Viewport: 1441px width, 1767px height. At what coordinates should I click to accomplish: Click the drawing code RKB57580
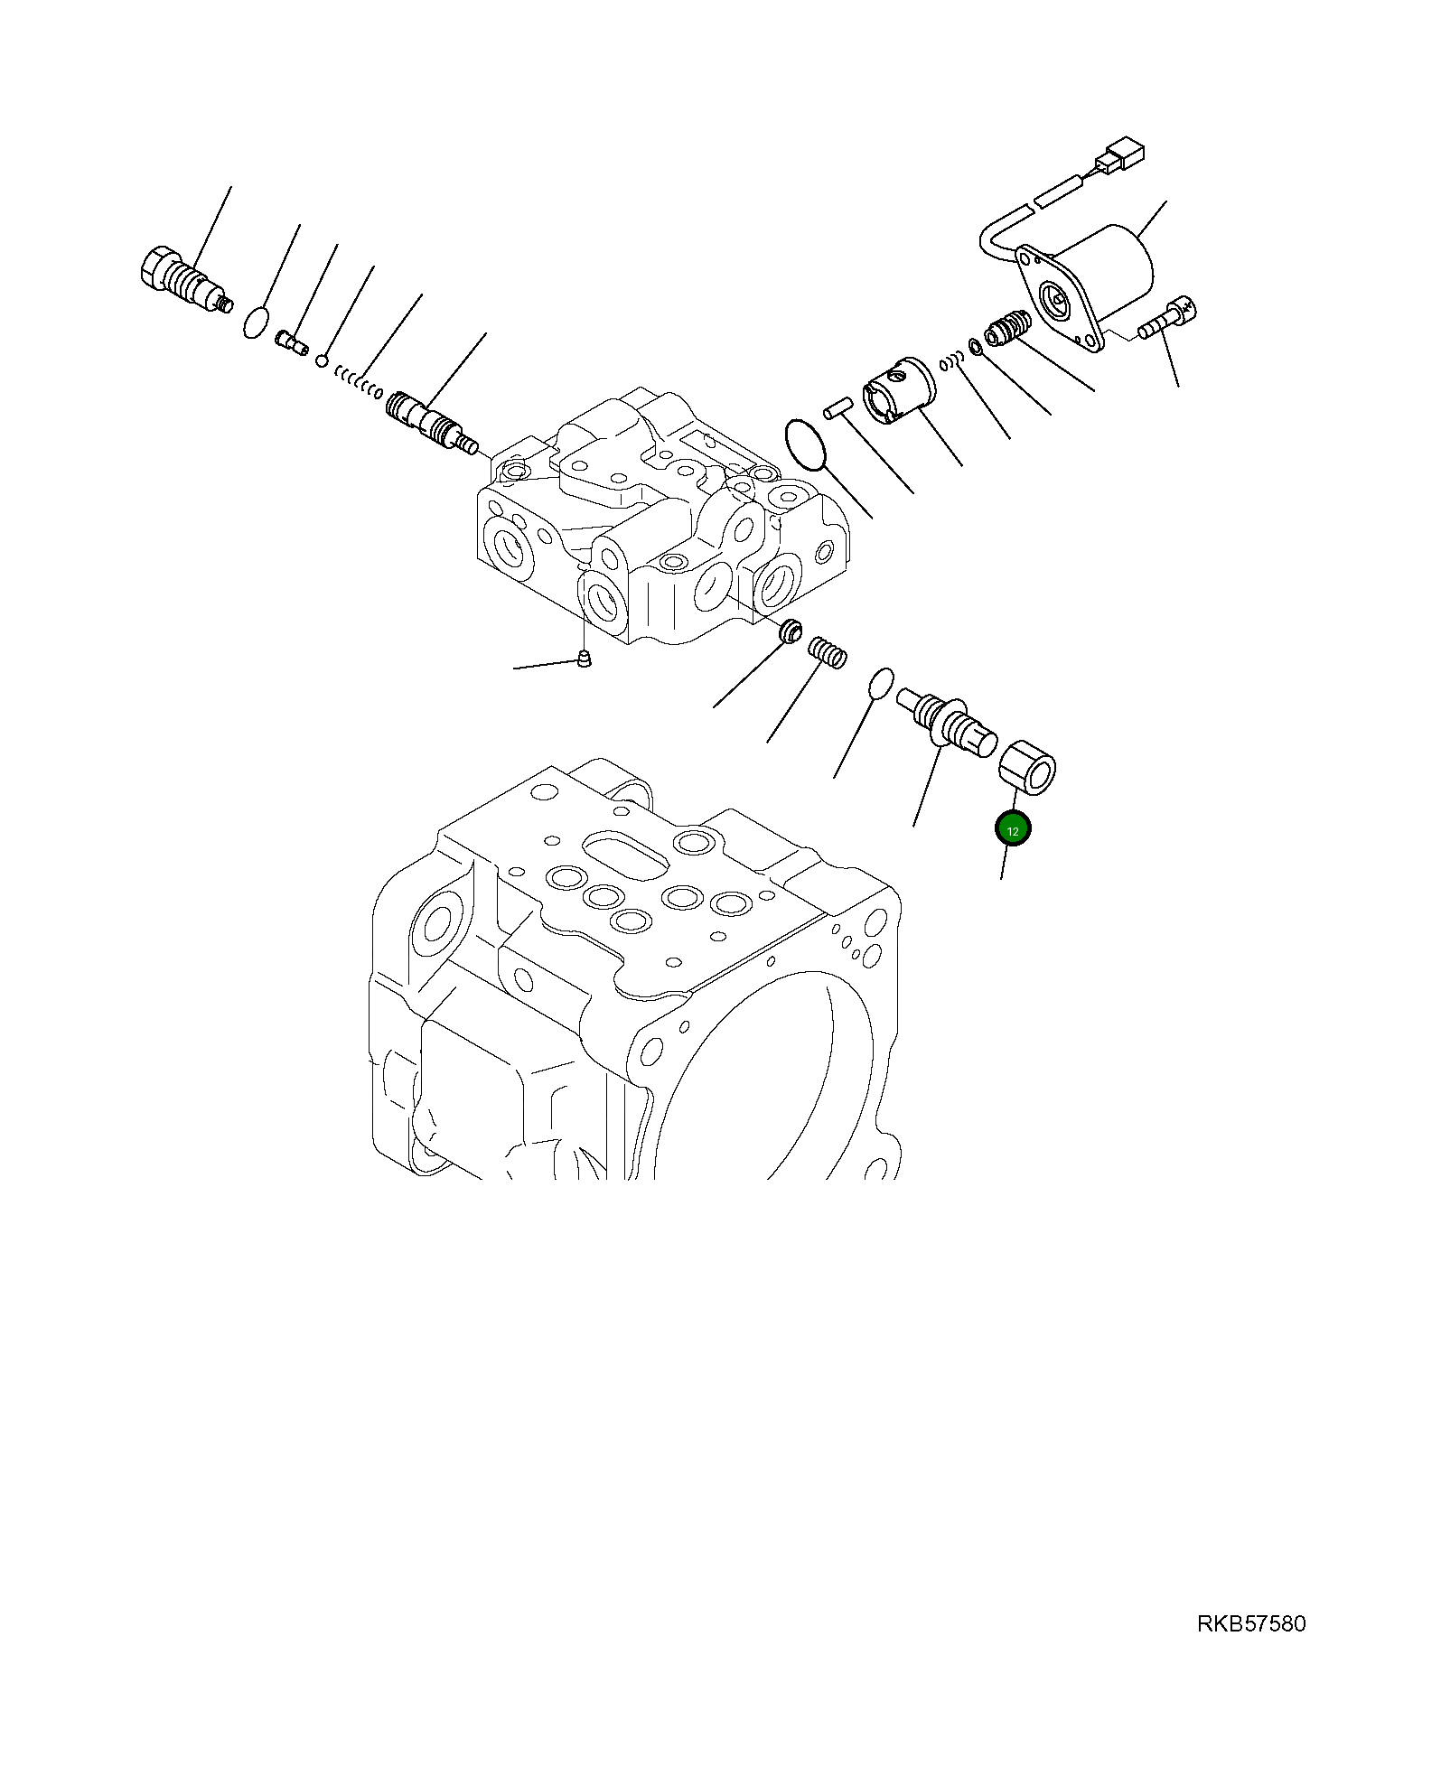click(1251, 1624)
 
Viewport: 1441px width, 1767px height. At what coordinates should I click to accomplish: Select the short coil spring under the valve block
click(827, 652)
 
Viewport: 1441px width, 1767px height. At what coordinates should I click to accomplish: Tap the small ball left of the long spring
click(322, 361)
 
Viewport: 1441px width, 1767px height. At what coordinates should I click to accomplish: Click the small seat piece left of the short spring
click(791, 630)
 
